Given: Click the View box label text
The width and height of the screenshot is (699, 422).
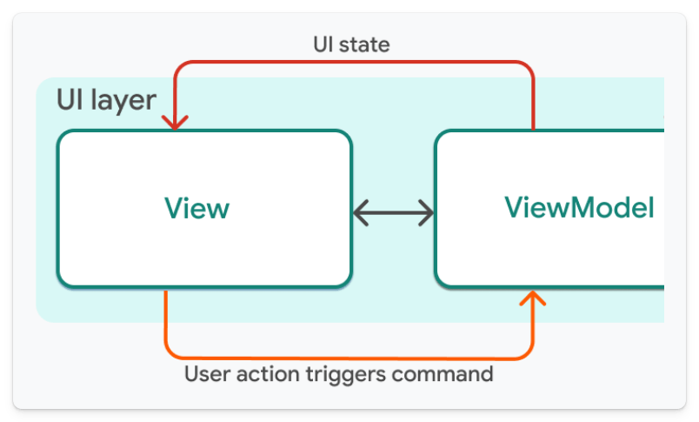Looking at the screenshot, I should [x=197, y=209].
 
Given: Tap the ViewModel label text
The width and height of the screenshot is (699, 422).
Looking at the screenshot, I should [x=579, y=208].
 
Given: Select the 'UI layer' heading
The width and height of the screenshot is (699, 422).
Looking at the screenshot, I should [x=106, y=100].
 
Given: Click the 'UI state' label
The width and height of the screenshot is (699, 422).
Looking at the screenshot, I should [x=350, y=44].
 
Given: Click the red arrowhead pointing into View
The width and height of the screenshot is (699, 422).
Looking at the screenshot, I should [x=176, y=123].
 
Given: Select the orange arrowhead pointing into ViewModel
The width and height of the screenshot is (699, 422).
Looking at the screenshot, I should [x=532, y=298].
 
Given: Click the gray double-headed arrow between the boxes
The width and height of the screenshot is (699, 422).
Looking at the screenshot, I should [x=393, y=211].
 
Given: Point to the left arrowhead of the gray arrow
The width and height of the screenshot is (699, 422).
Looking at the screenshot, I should [x=360, y=211].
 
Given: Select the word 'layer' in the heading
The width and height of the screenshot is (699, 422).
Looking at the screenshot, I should [x=127, y=100].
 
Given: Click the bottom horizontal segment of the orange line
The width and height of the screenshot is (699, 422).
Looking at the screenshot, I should [x=348, y=358].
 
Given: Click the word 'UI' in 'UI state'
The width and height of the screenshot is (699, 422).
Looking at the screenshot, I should [x=324, y=44].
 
